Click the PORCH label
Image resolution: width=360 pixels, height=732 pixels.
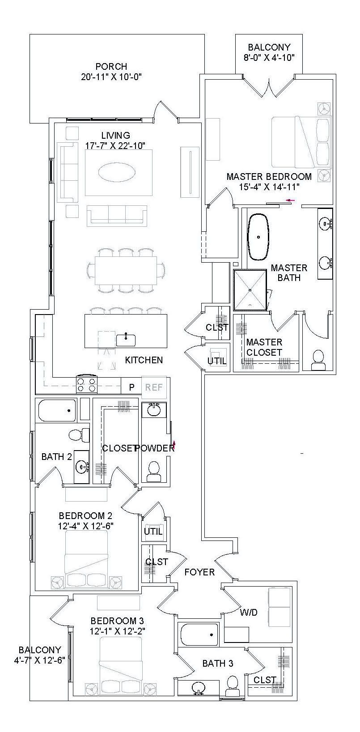click(x=111, y=67)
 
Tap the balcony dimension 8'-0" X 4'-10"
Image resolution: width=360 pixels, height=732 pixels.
click(x=269, y=57)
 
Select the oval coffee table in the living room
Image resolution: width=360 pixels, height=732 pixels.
click(x=119, y=172)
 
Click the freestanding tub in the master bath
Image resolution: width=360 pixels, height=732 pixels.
click(x=258, y=237)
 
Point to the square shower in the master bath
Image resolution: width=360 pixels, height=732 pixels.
click(x=251, y=290)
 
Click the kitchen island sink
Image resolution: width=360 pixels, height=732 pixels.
click(x=126, y=340)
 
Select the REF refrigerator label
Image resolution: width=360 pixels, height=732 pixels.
click(x=154, y=387)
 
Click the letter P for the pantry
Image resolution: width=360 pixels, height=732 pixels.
click(x=132, y=387)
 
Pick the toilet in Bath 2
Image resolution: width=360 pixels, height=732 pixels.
click(x=75, y=434)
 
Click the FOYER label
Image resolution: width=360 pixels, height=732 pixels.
click(x=199, y=572)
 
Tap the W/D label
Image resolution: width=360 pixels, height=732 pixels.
click(x=249, y=612)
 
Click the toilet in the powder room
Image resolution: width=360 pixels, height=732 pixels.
click(x=153, y=471)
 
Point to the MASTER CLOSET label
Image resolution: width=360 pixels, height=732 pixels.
click(x=264, y=347)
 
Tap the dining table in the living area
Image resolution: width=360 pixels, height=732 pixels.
click(x=126, y=271)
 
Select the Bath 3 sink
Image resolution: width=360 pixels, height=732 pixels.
click(x=198, y=688)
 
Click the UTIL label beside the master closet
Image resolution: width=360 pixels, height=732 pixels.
click(x=217, y=361)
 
